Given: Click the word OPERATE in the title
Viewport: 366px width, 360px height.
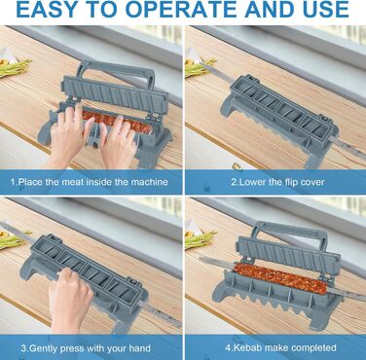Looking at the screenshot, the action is coord(182,10).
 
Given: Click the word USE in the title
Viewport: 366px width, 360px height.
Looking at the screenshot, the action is coord(324,10).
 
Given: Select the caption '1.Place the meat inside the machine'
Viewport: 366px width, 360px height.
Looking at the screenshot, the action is coord(90,182).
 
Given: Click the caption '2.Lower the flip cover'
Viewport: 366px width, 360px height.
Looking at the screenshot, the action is coord(277,182).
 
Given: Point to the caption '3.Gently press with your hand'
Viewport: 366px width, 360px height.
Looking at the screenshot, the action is coord(86,348).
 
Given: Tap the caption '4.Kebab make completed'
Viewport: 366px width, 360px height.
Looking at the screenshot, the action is coord(281,347).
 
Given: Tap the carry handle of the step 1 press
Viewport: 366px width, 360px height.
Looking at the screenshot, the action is coord(116,69).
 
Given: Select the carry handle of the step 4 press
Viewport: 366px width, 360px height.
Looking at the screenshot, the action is coord(290,231).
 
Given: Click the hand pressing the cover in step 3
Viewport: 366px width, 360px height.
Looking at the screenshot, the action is coord(70,300).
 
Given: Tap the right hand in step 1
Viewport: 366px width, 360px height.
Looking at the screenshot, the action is coord(118,143).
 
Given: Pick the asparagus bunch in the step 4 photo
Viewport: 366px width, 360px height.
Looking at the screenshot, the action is coord(200,239).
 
